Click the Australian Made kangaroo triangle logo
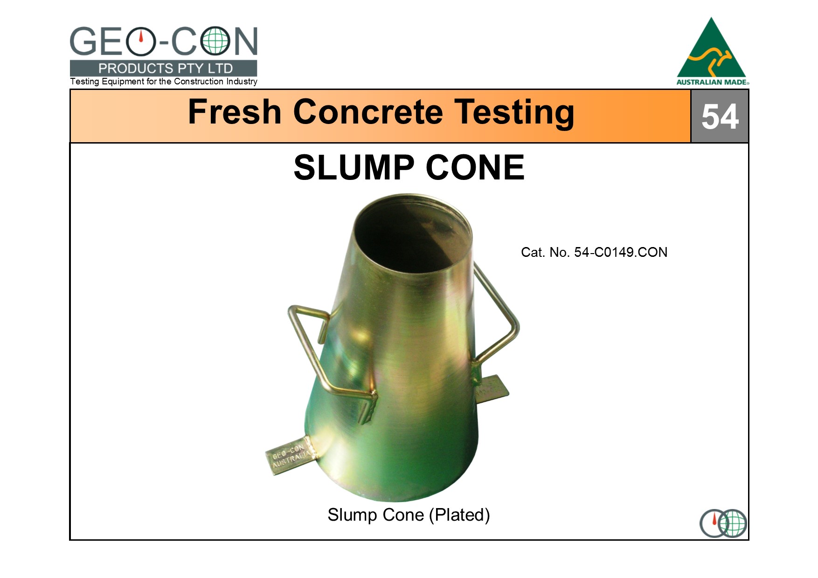pyautogui.click(x=712, y=51)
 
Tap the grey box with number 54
pyautogui.click(x=720, y=116)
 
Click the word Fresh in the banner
pyautogui.click(x=235, y=112)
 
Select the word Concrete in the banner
pyautogui.click(x=368, y=112)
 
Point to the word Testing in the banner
pyautogui.click(x=514, y=113)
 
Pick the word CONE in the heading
pyautogui.click(x=475, y=167)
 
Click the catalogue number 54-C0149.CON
pyautogui.click(x=621, y=252)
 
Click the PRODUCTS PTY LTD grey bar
pyautogui.click(x=163, y=68)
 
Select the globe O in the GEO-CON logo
pyautogui.click(x=215, y=41)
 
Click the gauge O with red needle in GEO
pyautogui.click(x=140, y=41)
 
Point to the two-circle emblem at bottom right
pyautogui.click(x=723, y=523)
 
